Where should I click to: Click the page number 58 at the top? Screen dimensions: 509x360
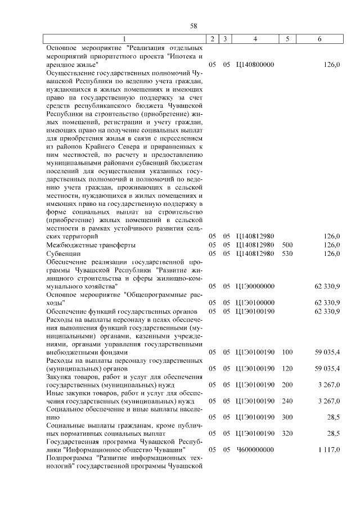pyautogui.click(x=193, y=26)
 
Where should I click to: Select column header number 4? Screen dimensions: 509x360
pyautogui.click(x=255, y=39)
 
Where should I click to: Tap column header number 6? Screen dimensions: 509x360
pyautogui.click(x=319, y=39)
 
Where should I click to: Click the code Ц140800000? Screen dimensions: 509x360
pyautogui.click(x=255, y=65)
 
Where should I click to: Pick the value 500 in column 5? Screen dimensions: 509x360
pyautogui.click(x=287, y=245)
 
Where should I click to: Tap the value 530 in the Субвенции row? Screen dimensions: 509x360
pyautogui.click(x=287, y=254)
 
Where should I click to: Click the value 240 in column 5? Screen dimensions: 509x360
pyautogui.click(x=287, y=400)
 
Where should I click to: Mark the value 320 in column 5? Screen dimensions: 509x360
pyautogui.click(x=287, y=433)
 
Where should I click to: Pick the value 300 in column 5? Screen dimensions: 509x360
pyautogui.click(x=287, y=417)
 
